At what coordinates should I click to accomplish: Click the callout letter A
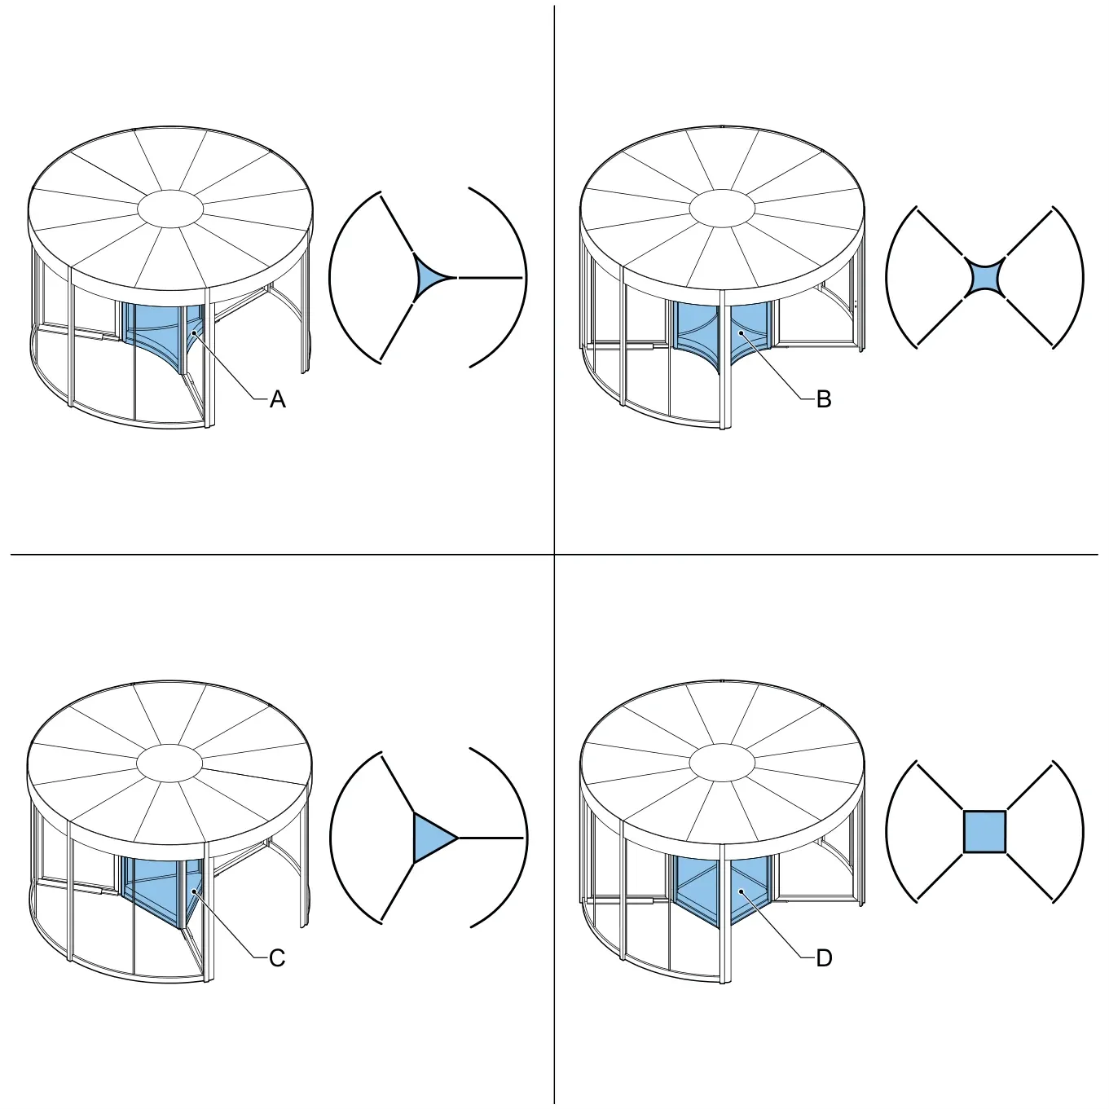(x=277, y=398)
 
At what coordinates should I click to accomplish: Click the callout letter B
(x=824, y=398)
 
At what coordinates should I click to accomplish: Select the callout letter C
(x=277, y=958)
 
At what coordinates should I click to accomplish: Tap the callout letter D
(x=824, y=958)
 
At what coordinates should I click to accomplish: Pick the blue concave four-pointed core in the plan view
(x=984, y=277)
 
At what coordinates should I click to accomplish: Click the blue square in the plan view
(x=984, y=831)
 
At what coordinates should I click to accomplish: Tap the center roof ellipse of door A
(x=170, y=209)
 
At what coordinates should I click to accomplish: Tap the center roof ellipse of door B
(x=722, y=209)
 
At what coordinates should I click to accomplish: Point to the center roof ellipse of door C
(x=169, y=764)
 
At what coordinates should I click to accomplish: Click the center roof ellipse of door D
(x=722, y=764)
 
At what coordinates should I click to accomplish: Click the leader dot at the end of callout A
(x=195, y=332)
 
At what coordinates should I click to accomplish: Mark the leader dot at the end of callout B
(x=742, y=332)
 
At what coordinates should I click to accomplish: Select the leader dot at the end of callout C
(x=195, y=891)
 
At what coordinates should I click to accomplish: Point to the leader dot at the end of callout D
(x=742, y=891)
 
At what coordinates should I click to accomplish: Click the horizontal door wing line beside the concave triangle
(x=491, y=277)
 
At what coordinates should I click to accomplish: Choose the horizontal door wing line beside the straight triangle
(x=491, y=838)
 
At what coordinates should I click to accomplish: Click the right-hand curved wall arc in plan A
(x=526, y=277)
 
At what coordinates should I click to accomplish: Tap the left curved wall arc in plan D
(x=887, y=831)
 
